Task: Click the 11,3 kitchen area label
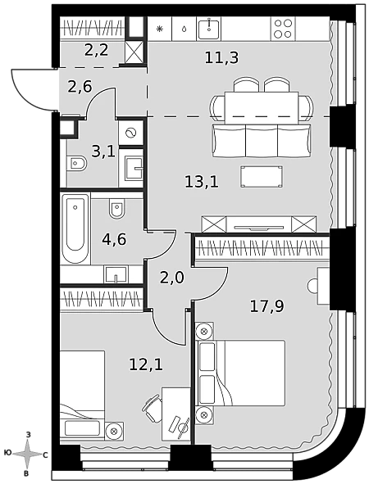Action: click(x=221, y=57)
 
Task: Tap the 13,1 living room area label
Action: click(x=202, y=182)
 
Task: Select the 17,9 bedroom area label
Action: click(x=266, y=306)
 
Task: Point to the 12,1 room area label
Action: click(x=146, y=365)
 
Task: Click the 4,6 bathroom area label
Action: click(x=114, y=239)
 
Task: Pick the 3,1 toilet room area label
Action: click(x=103, y=152)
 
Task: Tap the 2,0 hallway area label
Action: click(x=172, y=277)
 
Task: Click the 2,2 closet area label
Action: click(x=97, y=50)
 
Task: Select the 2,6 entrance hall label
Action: click(x=80, y=87)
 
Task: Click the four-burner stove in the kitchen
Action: click(x=283, y=29)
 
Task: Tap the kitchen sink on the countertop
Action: click(x=209, y=29)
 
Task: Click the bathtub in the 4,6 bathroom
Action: click(x=75, y=228)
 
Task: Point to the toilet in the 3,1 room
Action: click(x=77, y=163)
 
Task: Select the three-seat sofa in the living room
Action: click(x=262, y=140)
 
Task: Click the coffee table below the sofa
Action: click(x=262, y=177)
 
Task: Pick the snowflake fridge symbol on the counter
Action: click(x=159, y=29)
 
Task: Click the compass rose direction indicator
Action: click(x=27, y=454)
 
